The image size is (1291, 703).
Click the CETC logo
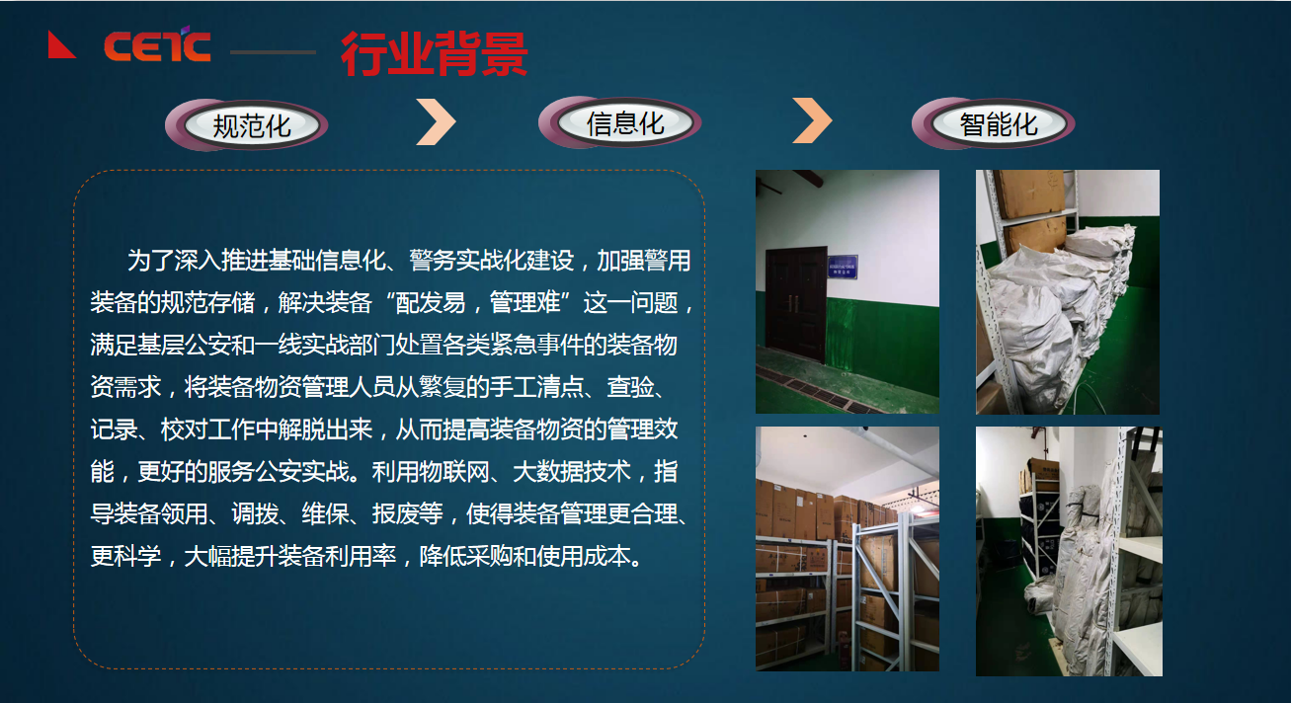157,45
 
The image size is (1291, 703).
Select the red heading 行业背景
434,53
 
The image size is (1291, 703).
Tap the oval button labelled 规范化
252,126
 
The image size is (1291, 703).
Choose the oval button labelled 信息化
625,124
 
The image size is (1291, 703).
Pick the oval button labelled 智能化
999,124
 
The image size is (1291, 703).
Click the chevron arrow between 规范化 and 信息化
436,121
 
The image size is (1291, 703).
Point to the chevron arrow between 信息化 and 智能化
812,121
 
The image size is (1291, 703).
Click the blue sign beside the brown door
842,266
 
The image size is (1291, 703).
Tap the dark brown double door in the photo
796,300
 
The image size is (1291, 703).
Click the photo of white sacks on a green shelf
1067,291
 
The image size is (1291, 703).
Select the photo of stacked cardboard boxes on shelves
847,548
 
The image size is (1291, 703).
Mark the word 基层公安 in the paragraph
185,346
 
